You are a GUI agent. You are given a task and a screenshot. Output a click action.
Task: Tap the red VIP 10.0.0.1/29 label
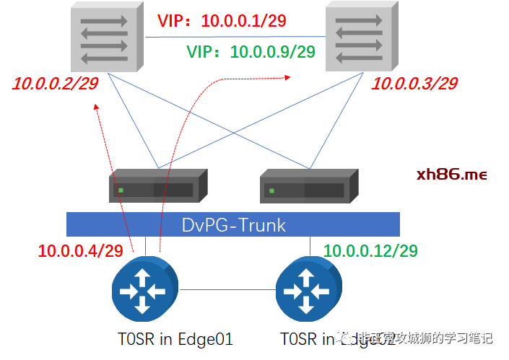222,22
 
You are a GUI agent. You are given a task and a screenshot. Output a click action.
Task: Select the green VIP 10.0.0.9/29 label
251,52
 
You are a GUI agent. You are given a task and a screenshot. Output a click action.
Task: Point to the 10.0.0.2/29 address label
55,84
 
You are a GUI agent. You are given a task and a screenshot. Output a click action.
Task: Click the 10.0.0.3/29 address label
414,84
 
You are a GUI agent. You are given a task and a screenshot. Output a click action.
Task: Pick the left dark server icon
158,186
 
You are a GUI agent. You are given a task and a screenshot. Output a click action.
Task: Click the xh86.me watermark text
452,175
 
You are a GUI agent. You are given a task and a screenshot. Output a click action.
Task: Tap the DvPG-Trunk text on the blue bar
233,225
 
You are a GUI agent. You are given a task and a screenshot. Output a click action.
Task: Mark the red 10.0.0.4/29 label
80,251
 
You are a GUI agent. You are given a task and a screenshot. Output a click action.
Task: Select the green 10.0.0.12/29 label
371,251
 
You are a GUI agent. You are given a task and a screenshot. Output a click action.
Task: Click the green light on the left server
121,190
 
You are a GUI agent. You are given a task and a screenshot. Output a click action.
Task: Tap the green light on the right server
272,190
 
